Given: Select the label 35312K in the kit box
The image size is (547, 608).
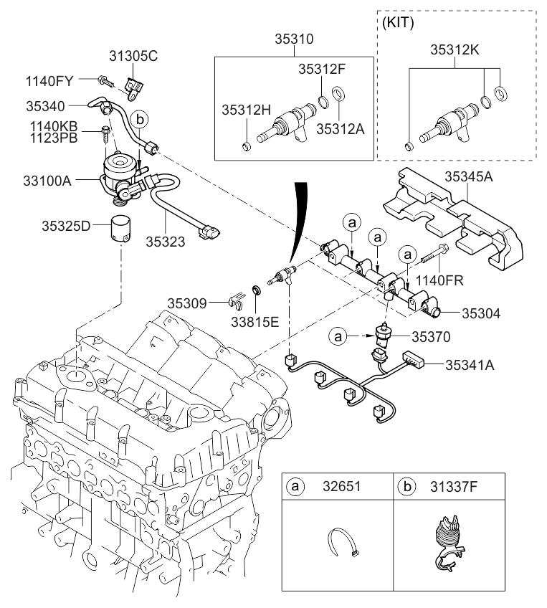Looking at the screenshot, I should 455,50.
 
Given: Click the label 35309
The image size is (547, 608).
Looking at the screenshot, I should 188,303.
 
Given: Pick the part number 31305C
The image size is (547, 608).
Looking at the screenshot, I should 133,57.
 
